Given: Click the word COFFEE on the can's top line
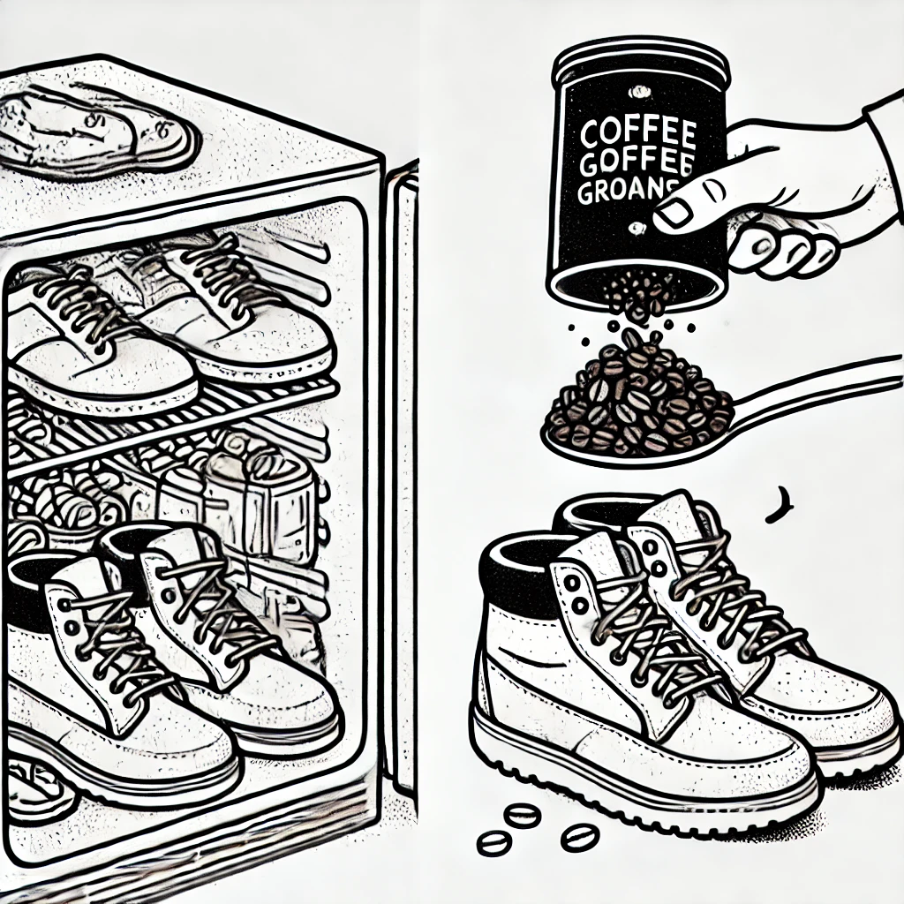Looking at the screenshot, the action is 638,135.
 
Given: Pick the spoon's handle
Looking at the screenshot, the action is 821,388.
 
